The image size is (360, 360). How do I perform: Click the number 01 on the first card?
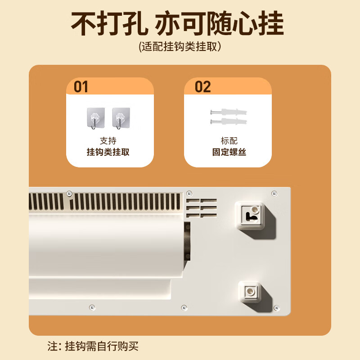(x=81, y=87)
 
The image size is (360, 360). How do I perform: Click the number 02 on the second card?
(x=203, y=87)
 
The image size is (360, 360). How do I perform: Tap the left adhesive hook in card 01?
(x=96, y=118)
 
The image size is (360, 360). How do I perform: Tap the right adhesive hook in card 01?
(x=121, y=118)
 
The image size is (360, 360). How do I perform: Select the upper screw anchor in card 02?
(x=229, y=112)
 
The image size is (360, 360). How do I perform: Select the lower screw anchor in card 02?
(x=229, y=121)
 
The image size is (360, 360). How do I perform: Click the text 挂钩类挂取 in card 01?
(x=108, y=152)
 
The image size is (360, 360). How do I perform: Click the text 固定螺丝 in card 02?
(x=229, y=152)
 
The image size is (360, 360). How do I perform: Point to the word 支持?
(x=108, y=141)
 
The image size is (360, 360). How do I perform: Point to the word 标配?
(x=229, y=141)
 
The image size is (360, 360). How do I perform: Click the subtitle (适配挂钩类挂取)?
(x=180, y=47)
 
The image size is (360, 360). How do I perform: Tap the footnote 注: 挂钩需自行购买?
(x=93, y=346)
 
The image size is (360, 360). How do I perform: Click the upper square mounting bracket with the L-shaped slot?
(x=251, y=216)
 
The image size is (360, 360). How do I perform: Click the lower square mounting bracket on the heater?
(x=250, y=292)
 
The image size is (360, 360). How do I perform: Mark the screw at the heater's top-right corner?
(x=274, y=193)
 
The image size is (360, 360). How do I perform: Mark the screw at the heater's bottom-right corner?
(x=277, y=308)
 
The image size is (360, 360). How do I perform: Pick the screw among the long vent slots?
(x=69, y=193)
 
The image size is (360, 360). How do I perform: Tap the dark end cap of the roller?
(x=187, y=241)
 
